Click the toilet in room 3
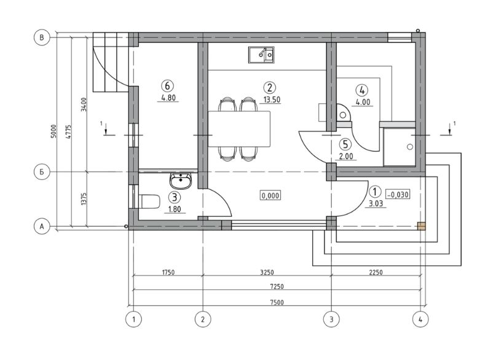[x=149, y=202]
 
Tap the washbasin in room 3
[x=180, y=181]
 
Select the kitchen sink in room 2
[x=261, y=55]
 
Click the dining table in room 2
[x=239, y=129]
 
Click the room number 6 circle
[x=167, y=86]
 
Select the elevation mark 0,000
[x=270, y=195]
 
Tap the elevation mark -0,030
[x=398, y=194]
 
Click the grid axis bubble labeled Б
[x=42, y=172]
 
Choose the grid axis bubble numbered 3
[x=331, y=319]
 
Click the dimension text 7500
[x=277, y=302]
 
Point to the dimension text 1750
[x=168, y=272]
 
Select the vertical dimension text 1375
[x=83, y=199]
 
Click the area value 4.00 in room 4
[x=363, y=102]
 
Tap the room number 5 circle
[x=345, y=144]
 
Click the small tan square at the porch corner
[x=422, y=226]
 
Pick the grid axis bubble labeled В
[x=42, y=37]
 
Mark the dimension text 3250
[x=267, y=272]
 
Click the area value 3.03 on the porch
[x=376, y=204]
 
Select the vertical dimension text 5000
[x=54, y=131]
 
